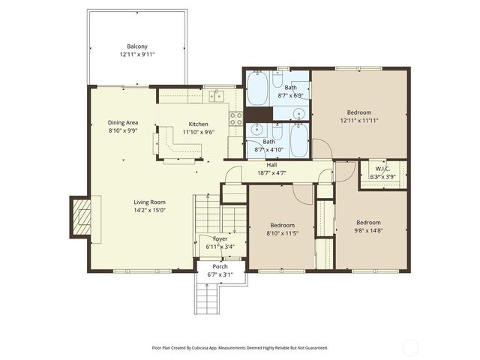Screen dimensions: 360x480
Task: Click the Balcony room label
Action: coord(136,46)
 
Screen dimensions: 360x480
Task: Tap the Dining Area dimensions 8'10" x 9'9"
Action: coord(122,130)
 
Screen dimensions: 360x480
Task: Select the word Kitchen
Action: coord(198,124)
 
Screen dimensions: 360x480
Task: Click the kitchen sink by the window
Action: coord(217,95)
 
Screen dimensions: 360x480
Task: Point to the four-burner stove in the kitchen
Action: coord(235,118)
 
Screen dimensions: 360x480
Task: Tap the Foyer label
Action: coord(220,238)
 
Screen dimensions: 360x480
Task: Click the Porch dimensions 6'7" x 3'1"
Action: coord(220,274)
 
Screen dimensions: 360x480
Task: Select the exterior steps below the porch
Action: coord(207,298)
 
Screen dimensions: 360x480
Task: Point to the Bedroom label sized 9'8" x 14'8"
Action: coord(368,222)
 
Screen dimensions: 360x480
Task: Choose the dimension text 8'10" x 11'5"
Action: coord(282,232)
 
